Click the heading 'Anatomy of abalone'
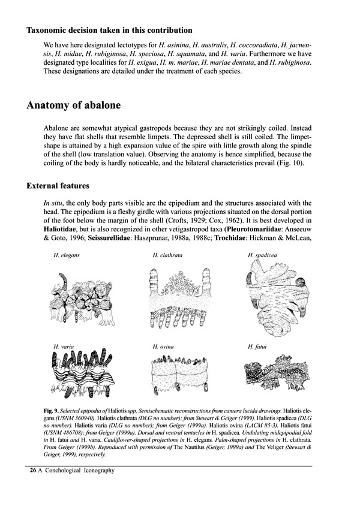coord(74,106)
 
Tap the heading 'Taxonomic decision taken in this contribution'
coord(110,30)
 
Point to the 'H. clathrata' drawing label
coord(166,256)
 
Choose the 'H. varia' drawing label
coord(62,346)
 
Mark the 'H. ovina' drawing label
coord(163,346)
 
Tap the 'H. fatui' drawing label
coord(256,346)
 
